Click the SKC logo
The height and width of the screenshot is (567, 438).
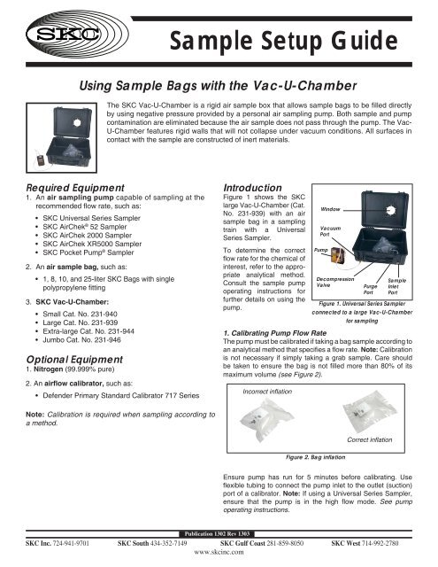(77, 34)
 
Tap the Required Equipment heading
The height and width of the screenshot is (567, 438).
(75, 188)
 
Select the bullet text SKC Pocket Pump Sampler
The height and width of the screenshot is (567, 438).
(88, 252)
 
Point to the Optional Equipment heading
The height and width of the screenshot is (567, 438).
(74, 360)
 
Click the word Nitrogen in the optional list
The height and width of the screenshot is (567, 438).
(49, 369)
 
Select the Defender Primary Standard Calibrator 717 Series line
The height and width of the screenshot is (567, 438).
(121, 396)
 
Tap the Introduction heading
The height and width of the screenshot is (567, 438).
(252, 188)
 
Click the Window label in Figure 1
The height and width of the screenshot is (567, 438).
(330, 209)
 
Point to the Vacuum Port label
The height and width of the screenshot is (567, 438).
(330, 231)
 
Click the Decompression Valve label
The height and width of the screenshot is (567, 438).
(335, 282)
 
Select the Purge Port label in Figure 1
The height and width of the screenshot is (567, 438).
(370, 289)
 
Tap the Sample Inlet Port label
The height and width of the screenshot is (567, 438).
(396, 286)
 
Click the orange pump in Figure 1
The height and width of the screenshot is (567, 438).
(338, 256)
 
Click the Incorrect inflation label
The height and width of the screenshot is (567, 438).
(267, 392)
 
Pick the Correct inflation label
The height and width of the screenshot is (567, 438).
(369, 439)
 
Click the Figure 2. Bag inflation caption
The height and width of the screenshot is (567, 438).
(315, 457)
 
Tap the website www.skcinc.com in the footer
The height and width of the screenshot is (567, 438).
(219, 552)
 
